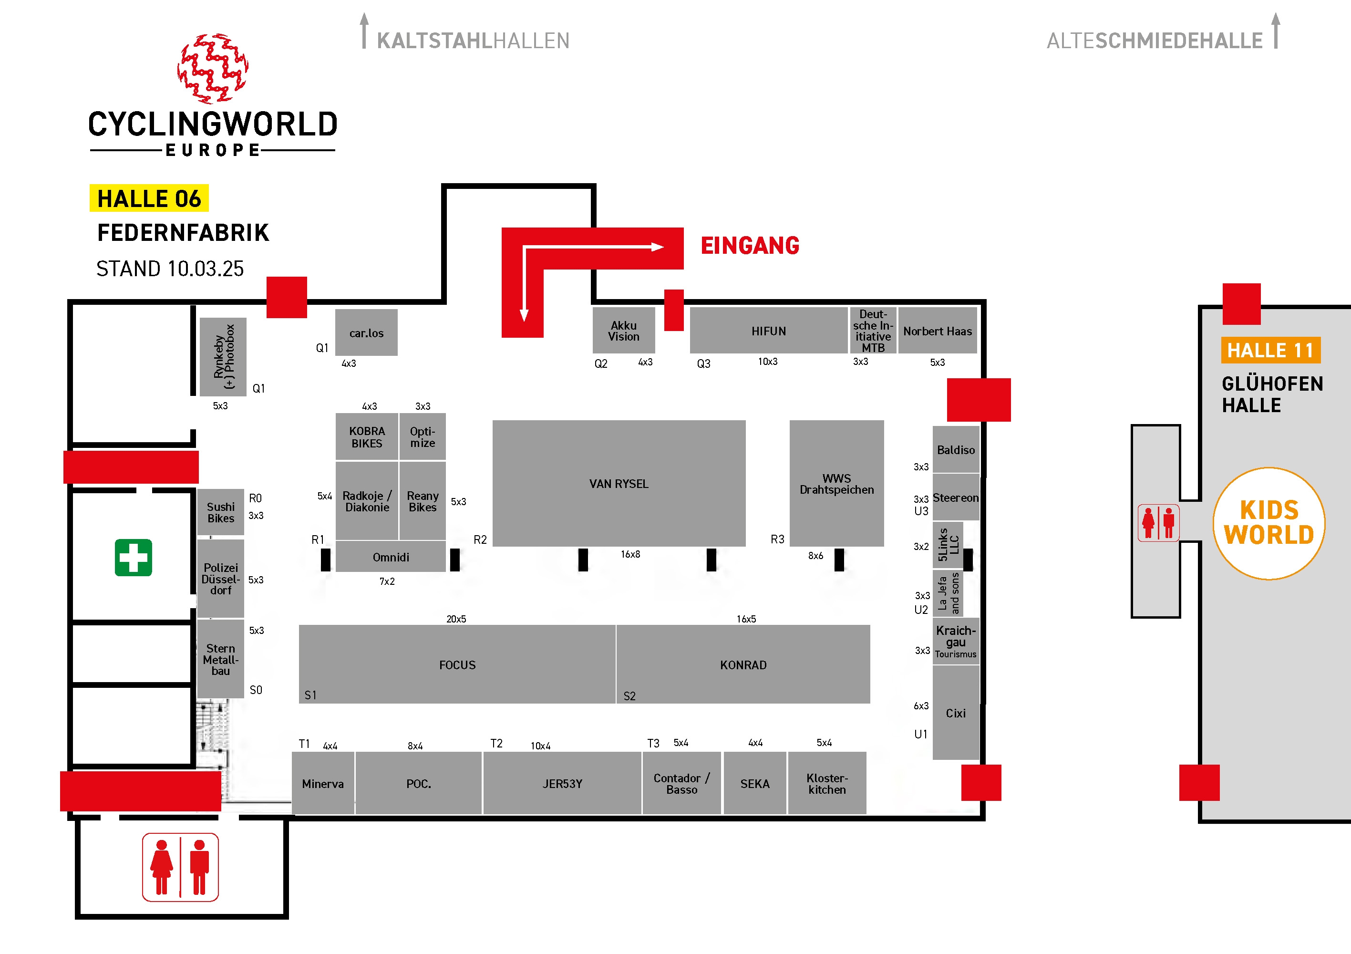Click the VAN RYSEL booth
619,483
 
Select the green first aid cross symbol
134,557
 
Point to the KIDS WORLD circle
1269,523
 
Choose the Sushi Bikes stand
221,512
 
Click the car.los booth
367,332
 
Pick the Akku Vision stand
624,331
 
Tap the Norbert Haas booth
938,331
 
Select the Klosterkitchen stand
827,783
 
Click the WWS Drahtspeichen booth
837,483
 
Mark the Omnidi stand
391,557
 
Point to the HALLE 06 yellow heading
149,198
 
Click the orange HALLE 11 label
1271,350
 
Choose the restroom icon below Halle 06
180,868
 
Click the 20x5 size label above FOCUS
456,619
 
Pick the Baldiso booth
956,450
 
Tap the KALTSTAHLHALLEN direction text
473,41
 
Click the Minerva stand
323,783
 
